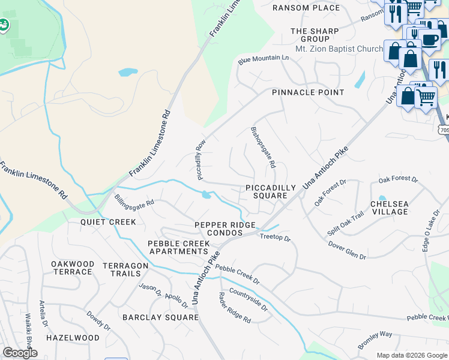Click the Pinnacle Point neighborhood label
[x=308, y=92]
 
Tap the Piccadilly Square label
[x=271, y=192]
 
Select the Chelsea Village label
[x=389, y=208]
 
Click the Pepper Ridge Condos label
[x=225, y=229]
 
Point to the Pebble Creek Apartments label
[x=179, y=248]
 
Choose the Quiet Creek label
[x=108, y=222]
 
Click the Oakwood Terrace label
[x=73, y=268]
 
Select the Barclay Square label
[x=160, y=317]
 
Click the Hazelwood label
[x=73, y=338]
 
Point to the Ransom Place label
[x=306, y=8]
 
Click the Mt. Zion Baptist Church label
[x=339, y=49]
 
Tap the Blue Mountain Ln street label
[x=263, y=59]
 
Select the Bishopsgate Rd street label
[x=263, y=147]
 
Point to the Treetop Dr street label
[x=275, y=238]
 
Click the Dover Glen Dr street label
[x=347, y=250]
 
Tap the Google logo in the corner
[x=20, y=353]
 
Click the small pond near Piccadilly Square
[x=206, y=194]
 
